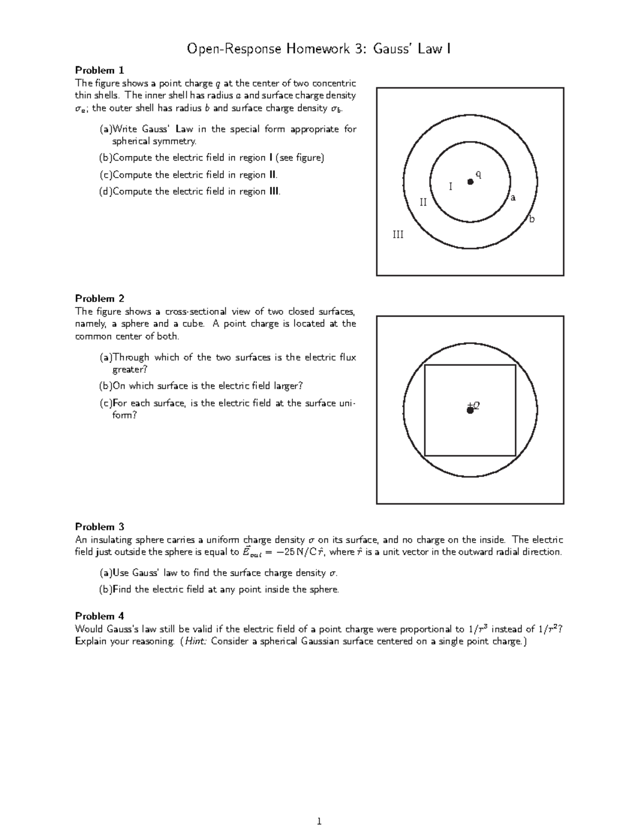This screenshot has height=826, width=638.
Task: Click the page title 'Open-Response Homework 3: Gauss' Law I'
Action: (x=318, y=49)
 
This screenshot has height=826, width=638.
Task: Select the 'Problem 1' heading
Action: (x=99, y=70)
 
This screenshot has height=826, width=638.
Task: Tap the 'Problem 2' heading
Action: (x=99, y=298)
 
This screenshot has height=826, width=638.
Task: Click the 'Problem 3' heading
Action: (x=99, y=527)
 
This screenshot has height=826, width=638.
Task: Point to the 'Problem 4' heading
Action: (x=99, y=616)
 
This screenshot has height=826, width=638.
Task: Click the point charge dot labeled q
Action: (x=470, y=182)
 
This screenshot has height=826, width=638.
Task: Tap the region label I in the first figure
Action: (x=451, y=187)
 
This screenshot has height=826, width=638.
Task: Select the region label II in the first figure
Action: (x=424, y=202)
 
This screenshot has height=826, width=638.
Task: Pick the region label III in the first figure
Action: (x=398, y=234)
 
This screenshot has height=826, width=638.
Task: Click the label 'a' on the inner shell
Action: (x=513, y=198)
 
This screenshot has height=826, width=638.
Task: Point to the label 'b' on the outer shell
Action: (x=531, y=219)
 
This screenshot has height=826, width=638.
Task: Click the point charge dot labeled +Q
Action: (x=470, y=410)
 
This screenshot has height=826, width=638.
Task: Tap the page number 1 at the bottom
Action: (x=319, y=821)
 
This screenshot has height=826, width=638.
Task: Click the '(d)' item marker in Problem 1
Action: (x=106, y=191)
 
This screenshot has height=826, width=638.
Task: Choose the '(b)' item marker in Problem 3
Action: (x=106, y=589)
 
